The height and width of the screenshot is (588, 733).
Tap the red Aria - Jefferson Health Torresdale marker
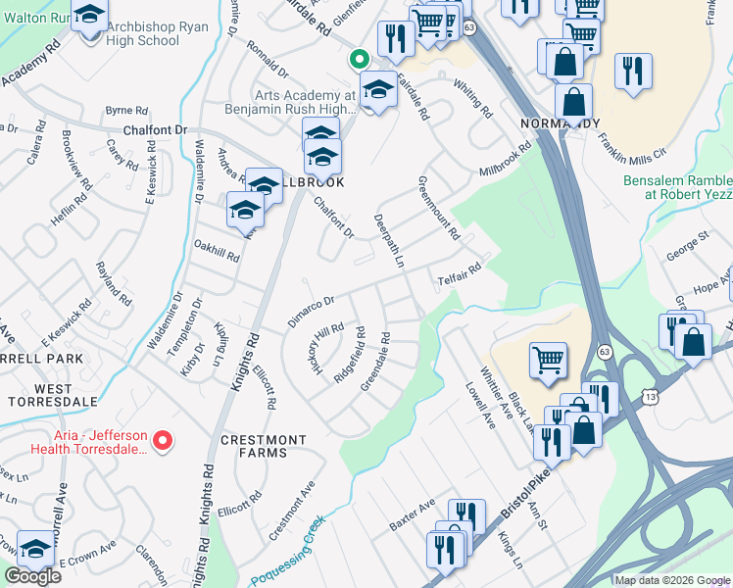click(165, 442)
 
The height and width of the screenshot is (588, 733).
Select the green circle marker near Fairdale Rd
click(361, 58)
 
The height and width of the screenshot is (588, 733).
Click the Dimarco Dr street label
click(312, 310)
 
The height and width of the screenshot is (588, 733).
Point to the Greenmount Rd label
click(438, 208)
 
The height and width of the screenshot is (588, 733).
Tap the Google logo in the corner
click(32, 576)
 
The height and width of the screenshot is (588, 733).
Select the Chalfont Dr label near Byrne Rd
click(154, 129)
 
